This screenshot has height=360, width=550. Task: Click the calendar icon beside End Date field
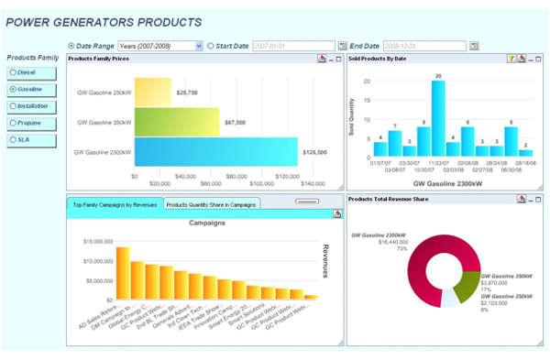tap(474, 45)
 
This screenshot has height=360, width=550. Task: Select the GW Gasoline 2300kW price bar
tap(216, 151)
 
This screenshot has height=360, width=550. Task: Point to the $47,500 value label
tap(235, 122)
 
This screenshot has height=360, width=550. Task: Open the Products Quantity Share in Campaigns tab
tap(211, 203)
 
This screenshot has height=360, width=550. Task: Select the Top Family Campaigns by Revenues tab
tap(115, 203)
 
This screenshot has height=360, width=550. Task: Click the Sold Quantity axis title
tap(351, 116)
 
